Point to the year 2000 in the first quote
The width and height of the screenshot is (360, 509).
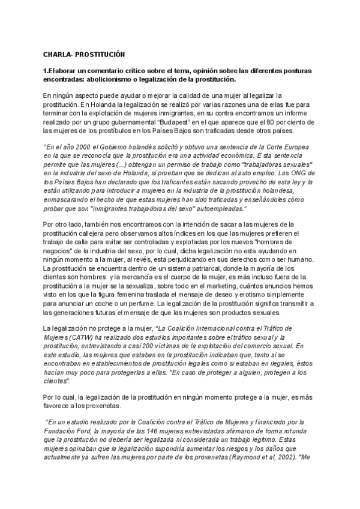click(80, 148)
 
